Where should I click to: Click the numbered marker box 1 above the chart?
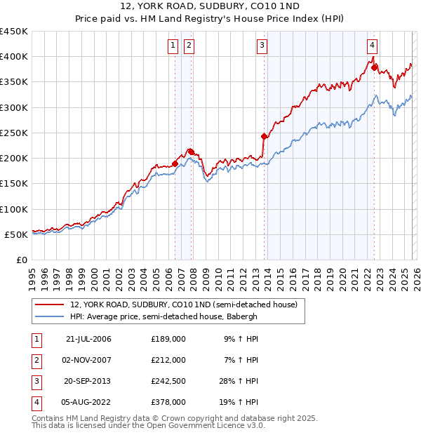(x=173, y=46)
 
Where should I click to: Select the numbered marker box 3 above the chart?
(x=262, y=46)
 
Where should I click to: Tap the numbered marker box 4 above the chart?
(x=372, y=46)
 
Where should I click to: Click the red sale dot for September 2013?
(x=264, y=136)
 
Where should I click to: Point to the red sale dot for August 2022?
(x=375, y=68)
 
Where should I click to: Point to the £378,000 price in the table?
(x=168, y=402)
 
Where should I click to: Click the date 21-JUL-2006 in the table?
(x=88, y=338)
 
